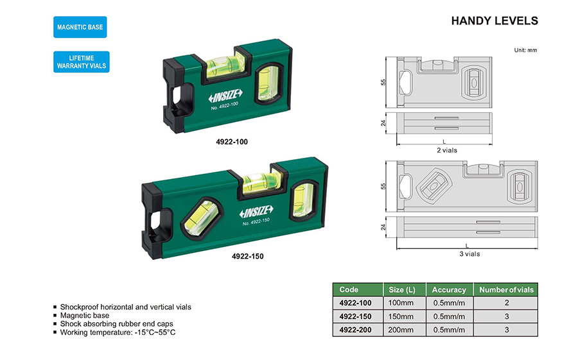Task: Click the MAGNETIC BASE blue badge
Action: click(x=80, y=27)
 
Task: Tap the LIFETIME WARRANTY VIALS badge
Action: click(x=82, y=62)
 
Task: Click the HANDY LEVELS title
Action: click(x=495, y=21)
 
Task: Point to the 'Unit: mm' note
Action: click(x=525, y=50)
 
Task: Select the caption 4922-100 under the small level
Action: click(x=232, y=142)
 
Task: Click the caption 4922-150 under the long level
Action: click(x=248, y=257)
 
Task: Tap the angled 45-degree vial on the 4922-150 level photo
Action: click(x=201, y=219)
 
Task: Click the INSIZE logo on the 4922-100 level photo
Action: click(x=225, y=96)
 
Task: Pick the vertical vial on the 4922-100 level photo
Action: click(x=268, y=83)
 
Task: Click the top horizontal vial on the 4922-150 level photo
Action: click(x=262, y=182)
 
